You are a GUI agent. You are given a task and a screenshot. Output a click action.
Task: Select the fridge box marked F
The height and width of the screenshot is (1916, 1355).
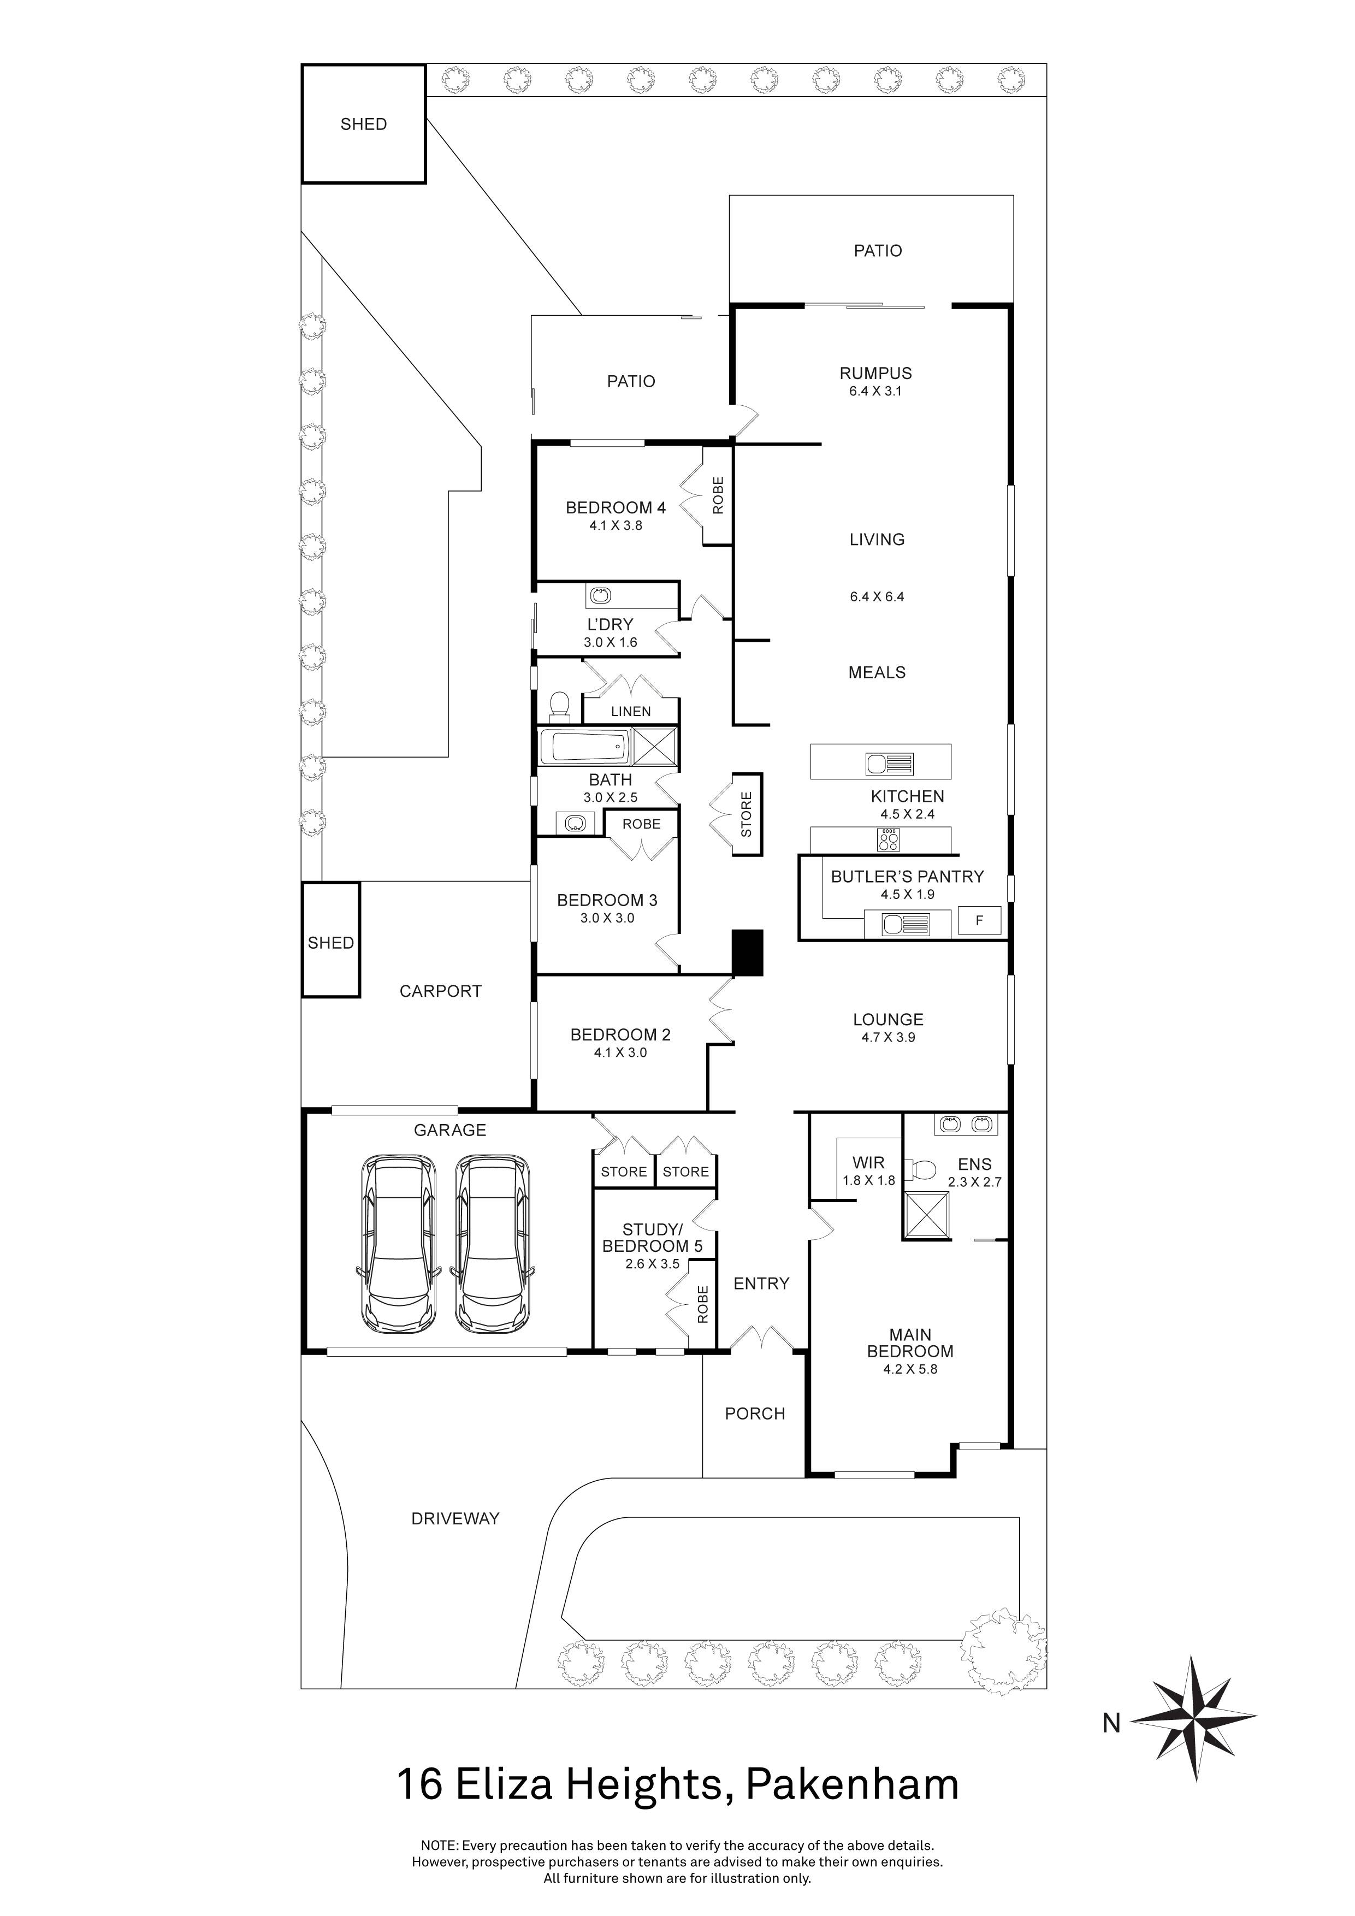point(980,921)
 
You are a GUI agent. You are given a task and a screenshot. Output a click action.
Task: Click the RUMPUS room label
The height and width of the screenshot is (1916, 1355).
point(875,373)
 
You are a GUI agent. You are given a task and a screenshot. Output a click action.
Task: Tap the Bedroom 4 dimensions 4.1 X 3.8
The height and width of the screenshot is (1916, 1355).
point(616,526)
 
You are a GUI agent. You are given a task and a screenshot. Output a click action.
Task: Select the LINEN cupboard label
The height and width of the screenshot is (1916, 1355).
point(631,711)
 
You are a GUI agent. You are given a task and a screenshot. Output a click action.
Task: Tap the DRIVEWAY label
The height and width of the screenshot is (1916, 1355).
point(455,1519)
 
